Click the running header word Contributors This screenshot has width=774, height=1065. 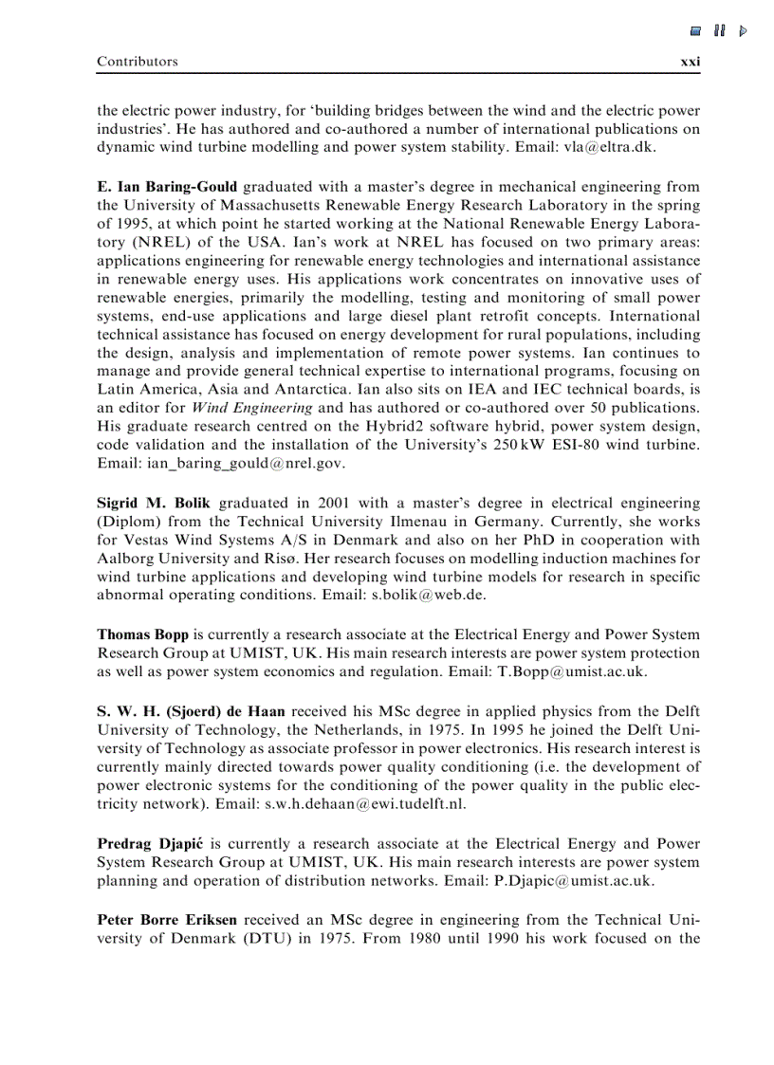137,62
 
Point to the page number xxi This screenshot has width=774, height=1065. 690,62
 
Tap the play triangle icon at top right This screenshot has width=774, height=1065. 743,31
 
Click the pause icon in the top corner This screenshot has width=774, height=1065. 720,31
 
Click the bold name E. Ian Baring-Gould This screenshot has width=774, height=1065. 167,186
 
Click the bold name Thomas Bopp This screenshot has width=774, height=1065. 142,634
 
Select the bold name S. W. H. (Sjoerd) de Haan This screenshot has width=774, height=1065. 191,710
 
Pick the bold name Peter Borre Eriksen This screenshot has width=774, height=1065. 168,919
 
